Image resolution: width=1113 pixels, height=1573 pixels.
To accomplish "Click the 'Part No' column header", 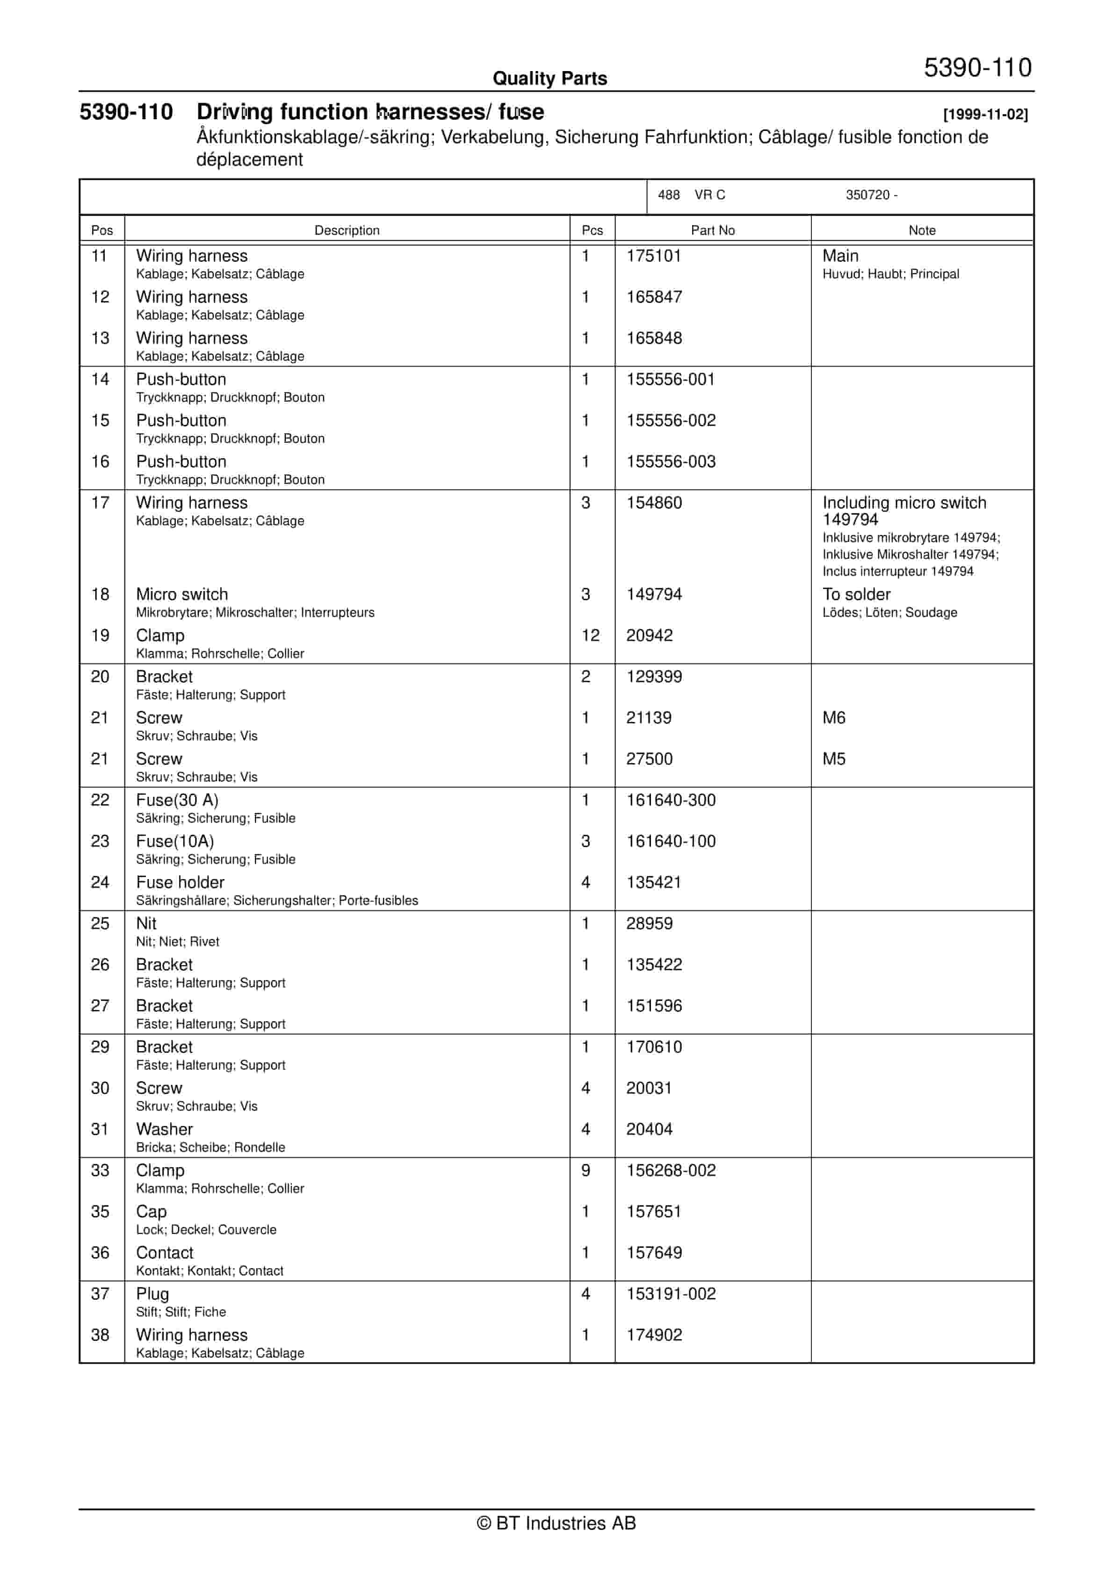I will coord(712,230).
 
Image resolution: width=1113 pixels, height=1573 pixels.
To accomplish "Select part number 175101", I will coord(654,256).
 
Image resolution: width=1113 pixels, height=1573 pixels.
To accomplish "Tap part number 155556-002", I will coord(670,421).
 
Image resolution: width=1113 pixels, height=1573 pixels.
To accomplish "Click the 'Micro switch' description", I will coord(181,595).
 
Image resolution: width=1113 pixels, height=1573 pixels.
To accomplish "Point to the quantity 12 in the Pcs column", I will coord(590,636).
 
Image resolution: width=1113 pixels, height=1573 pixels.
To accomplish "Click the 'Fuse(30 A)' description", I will coord(177,800).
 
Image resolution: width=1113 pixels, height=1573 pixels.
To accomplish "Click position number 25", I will coord(100,924).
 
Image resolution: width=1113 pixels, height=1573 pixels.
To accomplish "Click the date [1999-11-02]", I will coord(985,115).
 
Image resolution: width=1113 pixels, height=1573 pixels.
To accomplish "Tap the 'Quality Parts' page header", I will coord(549,79).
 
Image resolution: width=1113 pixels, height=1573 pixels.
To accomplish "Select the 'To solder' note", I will coord(856,595).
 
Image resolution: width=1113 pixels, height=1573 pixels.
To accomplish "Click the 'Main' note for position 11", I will coord(840,256).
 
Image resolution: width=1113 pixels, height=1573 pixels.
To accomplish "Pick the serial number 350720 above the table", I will coord(867,195).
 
